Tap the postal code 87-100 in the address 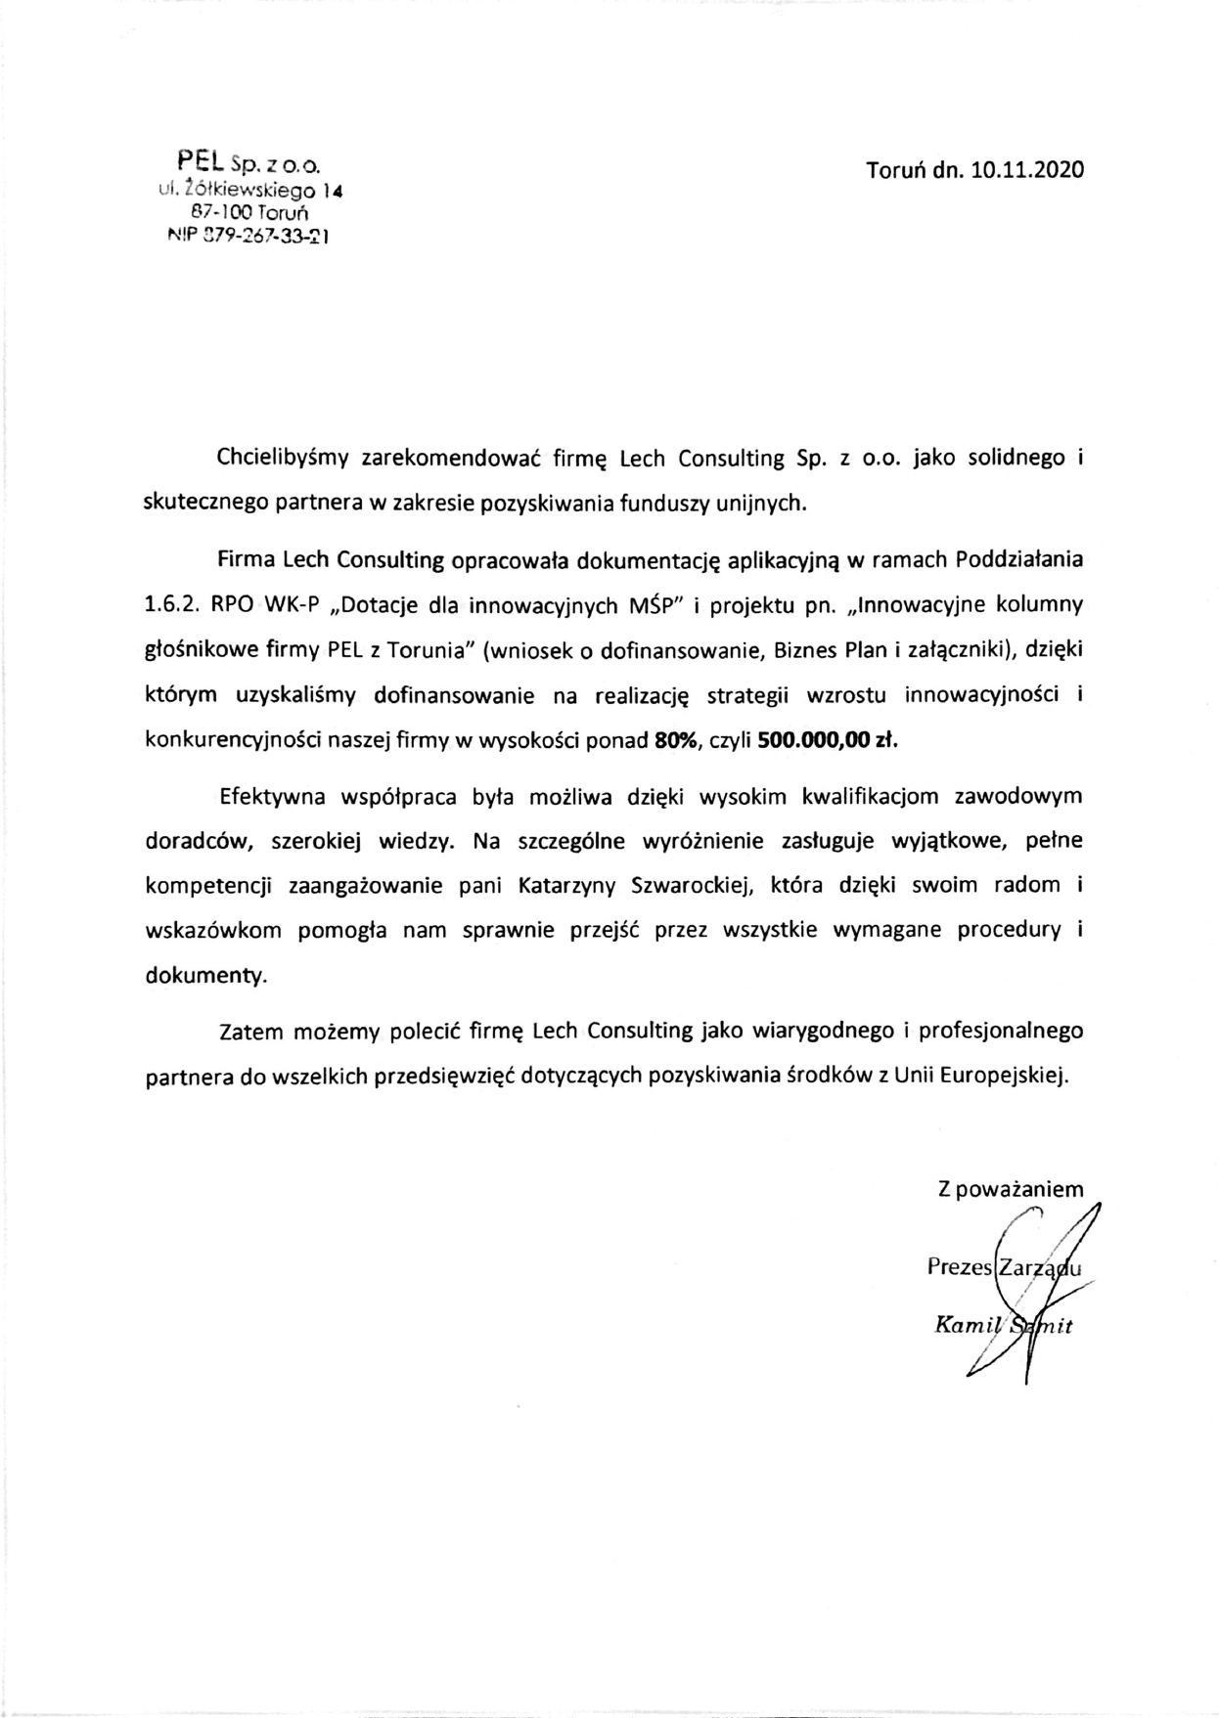[x=221, y=210]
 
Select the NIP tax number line [x=248, y=236]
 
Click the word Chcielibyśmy [x=284, y=458]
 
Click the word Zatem [x=250, y=1031]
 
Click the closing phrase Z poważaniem [x=1011, y=1190]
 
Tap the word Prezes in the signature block [x=959, y=1267]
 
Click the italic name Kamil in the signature [x=963, y=1327]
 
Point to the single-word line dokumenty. [x=204, y=976]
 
